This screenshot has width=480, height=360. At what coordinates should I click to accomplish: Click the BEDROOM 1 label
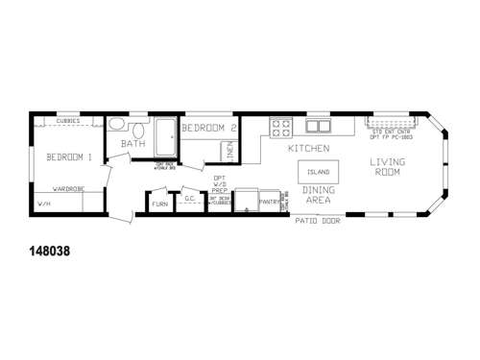coord(59,157)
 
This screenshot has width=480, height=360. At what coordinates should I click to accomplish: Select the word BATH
coord(132,144)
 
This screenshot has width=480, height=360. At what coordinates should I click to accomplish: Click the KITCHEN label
coord(309,149)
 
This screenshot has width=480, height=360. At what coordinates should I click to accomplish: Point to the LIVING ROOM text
coord(390,168)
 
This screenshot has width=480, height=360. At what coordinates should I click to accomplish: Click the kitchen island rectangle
coord(318,172)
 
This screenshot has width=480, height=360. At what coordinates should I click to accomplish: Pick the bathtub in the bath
coord(167,132)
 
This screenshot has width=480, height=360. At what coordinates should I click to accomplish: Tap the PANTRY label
coord(268,202)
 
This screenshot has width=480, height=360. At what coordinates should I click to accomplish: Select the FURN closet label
coord(159,203)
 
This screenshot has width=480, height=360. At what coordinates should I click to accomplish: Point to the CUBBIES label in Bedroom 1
coord(69,121)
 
